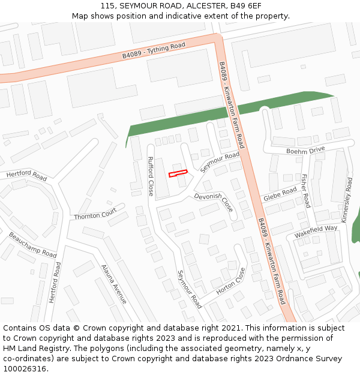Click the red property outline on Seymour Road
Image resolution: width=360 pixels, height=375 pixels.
[x=178, y=173]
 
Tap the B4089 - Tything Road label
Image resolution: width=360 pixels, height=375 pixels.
[x=154, y=50]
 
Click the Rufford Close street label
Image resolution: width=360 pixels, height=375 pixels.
[x=151, y=176]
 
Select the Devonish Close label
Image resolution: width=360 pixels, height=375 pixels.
[x=214, y=202]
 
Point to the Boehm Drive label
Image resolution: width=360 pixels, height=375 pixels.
[x=305, y=150]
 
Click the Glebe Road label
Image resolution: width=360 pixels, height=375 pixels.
[x=280, y=194]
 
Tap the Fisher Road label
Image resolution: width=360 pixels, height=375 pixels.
[x=304, y=190]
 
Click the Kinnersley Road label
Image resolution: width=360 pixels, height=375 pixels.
[x=347, y=201]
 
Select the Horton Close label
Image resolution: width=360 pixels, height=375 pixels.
[x=231, y=280]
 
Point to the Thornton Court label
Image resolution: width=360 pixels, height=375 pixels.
[x=95, y=214]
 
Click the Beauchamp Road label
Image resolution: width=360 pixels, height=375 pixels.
[x=32, y=245]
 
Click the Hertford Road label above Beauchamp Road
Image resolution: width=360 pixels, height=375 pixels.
[x=26, y=176]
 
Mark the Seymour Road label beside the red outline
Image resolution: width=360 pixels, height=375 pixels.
[x=220, y=162]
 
